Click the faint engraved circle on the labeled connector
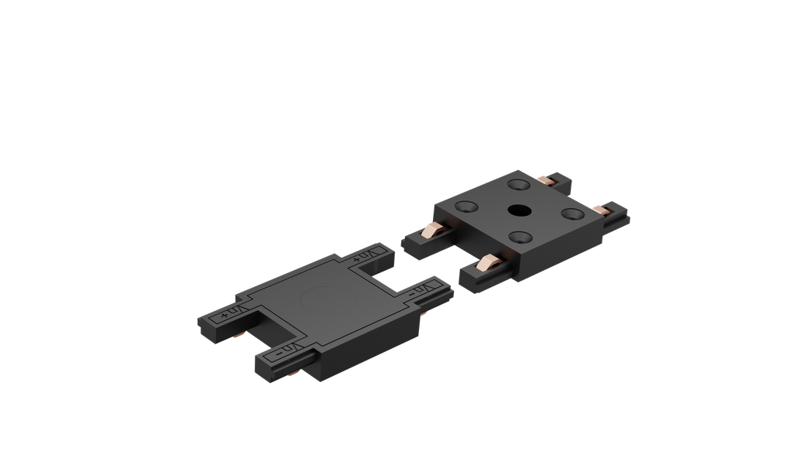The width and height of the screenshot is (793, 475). [313, 297]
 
